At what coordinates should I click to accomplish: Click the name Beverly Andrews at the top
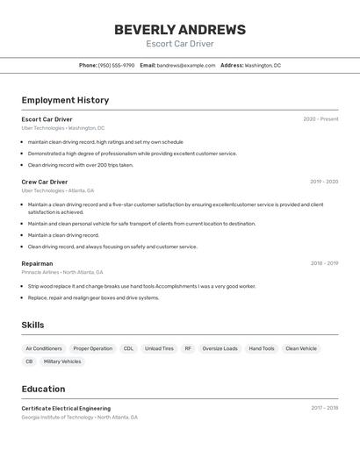[179, 30]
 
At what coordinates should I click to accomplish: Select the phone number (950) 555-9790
[116, 65]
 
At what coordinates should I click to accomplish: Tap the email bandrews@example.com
[186, 65]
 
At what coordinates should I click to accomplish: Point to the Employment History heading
[65, 100]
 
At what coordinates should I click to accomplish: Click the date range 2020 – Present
[320, 119]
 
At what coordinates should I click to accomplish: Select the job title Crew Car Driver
[45, 182]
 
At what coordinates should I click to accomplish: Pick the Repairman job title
[37, 263]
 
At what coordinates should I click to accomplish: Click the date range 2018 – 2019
[324, 263]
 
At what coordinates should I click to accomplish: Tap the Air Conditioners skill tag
[44, 348]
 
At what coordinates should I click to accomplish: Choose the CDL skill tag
[128, 348]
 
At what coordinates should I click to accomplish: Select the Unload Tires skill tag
[159, 348]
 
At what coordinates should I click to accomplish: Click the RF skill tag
[188, 348]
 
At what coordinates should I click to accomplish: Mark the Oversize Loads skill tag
[220, 348]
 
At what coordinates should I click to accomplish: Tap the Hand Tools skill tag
[262, 348]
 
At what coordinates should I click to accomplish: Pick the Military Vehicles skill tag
[62, 361]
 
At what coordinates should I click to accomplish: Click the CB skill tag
[29, 361]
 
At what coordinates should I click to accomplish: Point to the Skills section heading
[32, 325]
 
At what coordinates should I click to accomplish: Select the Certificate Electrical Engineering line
[66, 408]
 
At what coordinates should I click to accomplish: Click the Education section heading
[43, 389]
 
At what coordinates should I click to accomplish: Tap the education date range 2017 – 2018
[324, 408]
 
